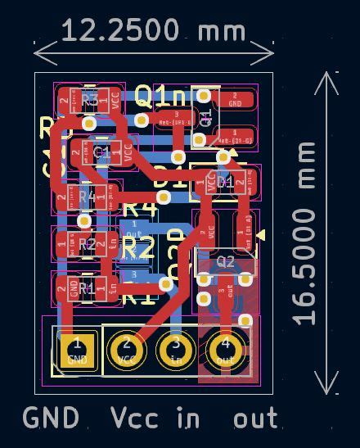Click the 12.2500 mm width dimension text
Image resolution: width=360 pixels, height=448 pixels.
pos(153,30)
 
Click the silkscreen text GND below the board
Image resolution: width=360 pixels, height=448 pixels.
pos(51,418)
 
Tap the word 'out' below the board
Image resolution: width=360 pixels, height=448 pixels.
pos(255,419)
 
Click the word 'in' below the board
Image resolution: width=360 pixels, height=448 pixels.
pos(188,418)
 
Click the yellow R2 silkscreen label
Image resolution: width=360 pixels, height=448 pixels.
pos(137,247)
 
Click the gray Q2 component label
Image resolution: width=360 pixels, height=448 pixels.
pos(226,262)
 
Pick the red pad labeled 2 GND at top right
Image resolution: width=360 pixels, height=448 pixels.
pos(235,100)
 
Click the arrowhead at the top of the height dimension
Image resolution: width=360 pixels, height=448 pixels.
pos(326,78)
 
